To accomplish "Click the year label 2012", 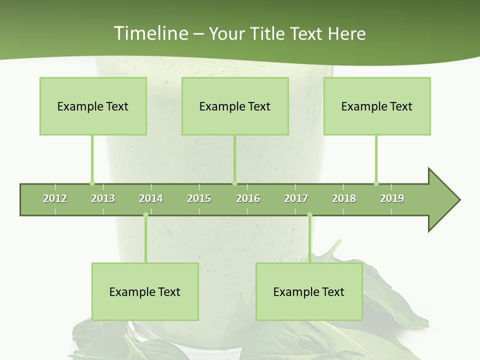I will (55, 198).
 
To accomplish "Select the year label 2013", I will (103, 198).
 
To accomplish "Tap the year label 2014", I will (151, 198).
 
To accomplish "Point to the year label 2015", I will (199, 198).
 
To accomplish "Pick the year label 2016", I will (248, 198).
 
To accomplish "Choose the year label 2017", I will (296, 198).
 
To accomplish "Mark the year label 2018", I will (344, 198).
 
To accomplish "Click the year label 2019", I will (392, 198).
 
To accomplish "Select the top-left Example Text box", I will (93, 106).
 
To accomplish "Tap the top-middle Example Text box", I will (235, 106).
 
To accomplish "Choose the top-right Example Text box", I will (377, 106).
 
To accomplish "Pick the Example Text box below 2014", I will (145, 291).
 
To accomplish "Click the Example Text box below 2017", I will (309, 291).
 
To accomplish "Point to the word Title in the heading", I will (270, 33).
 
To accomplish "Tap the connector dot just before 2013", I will (92, 183).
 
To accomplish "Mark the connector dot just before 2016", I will (234, 183).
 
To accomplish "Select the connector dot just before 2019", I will (376, 183).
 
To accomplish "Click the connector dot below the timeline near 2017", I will (309, 215).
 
